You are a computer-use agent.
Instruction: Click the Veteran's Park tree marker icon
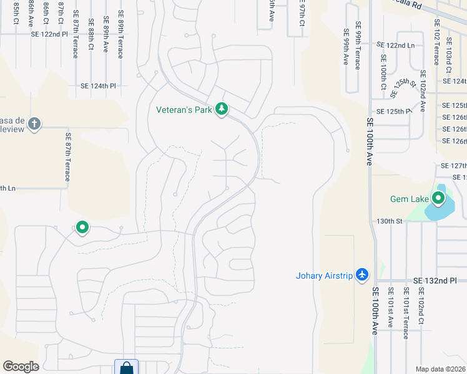(221, 110)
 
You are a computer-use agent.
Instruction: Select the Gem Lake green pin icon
(438, 199)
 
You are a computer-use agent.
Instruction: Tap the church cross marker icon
(34, 123)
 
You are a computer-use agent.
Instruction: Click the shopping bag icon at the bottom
(126, 368)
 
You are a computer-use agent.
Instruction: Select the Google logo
(21, 367)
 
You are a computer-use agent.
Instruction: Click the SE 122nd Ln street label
(395, 46)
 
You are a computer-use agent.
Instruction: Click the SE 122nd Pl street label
(49, 34)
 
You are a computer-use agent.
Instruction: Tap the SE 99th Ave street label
(345, 47)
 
